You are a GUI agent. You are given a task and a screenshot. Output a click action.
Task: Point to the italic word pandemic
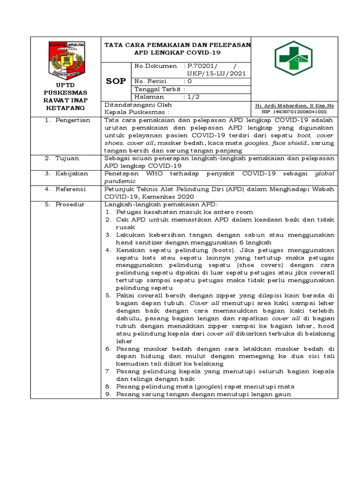pyautogui.click(x=120, y=181)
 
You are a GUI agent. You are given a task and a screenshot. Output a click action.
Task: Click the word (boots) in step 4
pyautogui.click(x=200, y=250)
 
